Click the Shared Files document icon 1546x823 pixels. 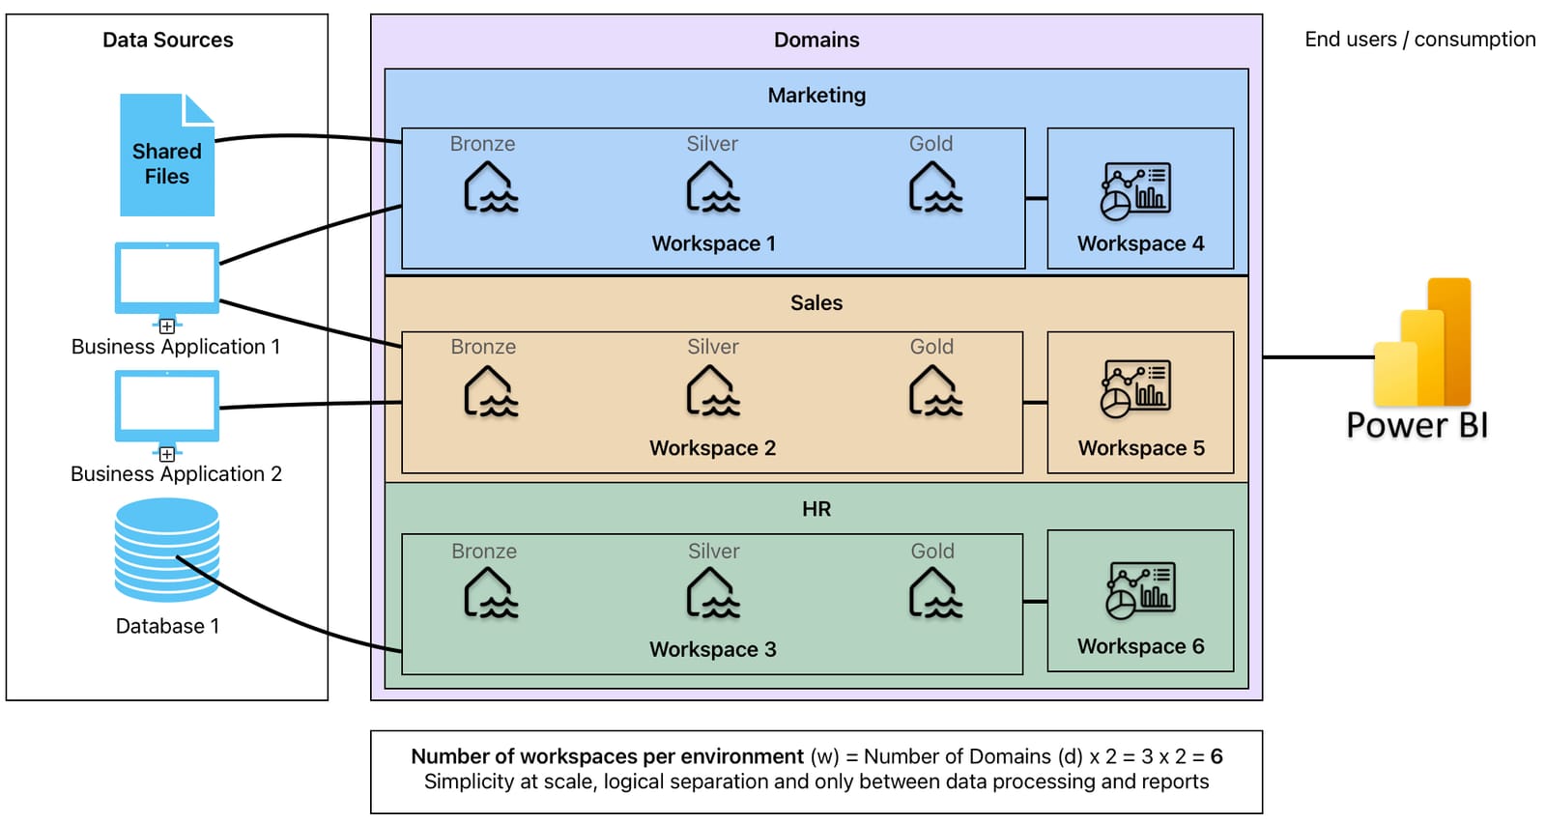166,155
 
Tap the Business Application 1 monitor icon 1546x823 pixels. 166,278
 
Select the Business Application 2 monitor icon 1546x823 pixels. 166,407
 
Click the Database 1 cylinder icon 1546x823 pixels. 166,550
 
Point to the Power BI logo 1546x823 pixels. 1421,344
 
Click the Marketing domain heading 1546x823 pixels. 816,95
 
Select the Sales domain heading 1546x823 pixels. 816,302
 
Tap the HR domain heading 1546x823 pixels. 816,509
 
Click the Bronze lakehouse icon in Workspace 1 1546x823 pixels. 490,187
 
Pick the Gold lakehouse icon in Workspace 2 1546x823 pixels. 934,392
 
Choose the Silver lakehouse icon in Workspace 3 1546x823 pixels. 712,593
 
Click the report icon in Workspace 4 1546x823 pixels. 1135,191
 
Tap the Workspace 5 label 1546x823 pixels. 1141,448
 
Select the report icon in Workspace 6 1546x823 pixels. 1140,590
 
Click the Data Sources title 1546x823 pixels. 168,40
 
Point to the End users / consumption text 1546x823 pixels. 1419,40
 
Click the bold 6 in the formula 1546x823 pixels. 1217,756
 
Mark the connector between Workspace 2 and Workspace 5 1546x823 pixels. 1035,402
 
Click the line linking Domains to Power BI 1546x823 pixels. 1316,357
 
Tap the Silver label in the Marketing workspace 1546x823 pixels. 712,144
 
